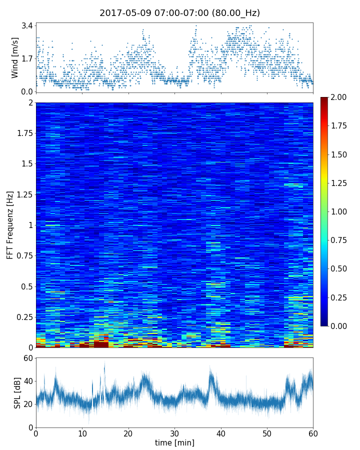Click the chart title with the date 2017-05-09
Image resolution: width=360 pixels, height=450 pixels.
[179, 13]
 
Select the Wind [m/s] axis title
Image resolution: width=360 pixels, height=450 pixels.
[15, 57]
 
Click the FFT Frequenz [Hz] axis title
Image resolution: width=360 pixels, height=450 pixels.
[10, 225]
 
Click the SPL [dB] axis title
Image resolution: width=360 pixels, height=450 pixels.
[17, 392]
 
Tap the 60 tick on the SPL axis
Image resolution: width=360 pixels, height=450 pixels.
[27, 358]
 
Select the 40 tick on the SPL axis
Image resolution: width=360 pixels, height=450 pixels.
[27, 381]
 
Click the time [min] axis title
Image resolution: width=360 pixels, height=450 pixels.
[174, 442]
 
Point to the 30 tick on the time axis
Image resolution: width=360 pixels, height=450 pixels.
[174, 433]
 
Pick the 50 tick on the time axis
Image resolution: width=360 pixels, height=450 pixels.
[267, 433]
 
